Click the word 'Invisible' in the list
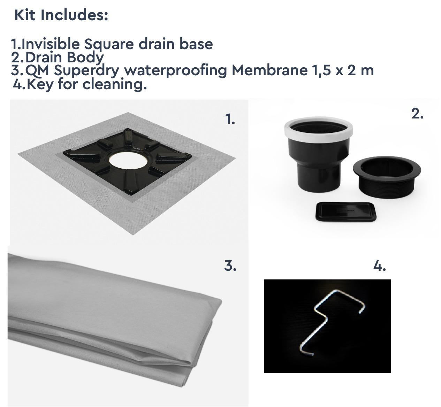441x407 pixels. (x=51, y=44)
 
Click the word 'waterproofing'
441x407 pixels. (x=175, y=71)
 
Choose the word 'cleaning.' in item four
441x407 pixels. (x=115, y=85)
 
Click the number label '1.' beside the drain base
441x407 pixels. (x=230, y=119)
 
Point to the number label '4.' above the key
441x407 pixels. (x=380, y=266)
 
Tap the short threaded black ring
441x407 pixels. (x=387, y=177)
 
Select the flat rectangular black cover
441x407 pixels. (x=346, y=212)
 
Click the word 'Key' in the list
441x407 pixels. (x=40, y=85)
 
